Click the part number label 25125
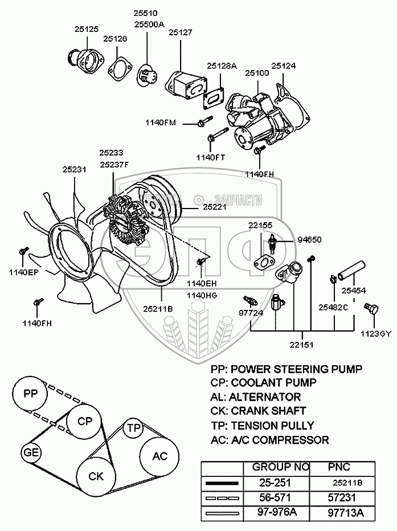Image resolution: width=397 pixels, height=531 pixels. tap(86, 27)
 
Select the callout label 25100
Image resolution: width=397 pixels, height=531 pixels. tap(257, 74)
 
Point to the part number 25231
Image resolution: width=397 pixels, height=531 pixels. tap(75, 169)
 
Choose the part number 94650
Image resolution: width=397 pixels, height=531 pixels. tap(309, 240)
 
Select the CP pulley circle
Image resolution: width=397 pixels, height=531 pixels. tap(84, 422)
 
